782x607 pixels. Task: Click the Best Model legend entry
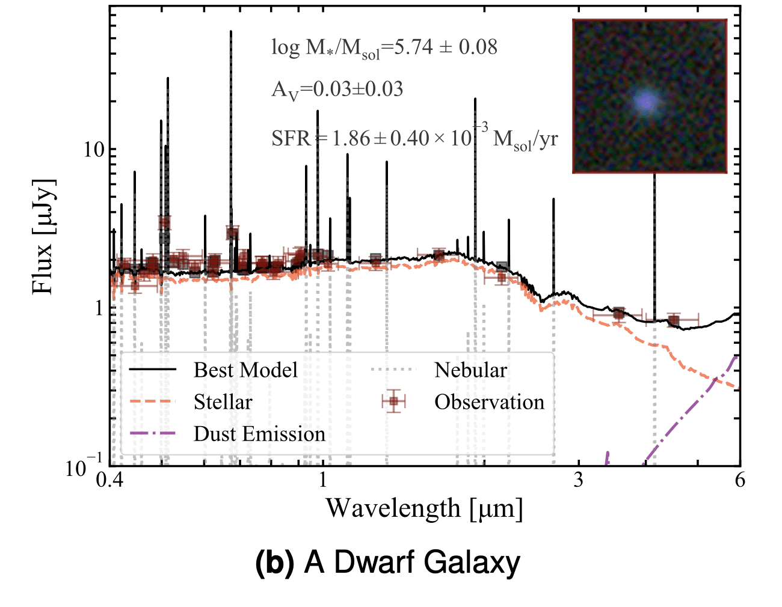tap(245, 370)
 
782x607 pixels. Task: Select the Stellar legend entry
tap(223, 402)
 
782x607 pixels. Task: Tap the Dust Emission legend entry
tap(259, 434)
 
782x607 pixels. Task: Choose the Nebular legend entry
tap(470, 370)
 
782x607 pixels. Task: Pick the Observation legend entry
tap(489, 402)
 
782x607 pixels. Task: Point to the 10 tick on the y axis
tap(93, 150)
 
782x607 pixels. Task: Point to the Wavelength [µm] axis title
tap(424, 509)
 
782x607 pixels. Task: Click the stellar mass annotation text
tap(384, 47)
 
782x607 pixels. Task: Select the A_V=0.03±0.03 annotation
tap(337, 90)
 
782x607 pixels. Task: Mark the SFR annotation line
tap(414, 138)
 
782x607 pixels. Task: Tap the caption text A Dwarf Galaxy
tap(412, 563)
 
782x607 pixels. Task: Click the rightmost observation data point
tap(674, 320)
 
